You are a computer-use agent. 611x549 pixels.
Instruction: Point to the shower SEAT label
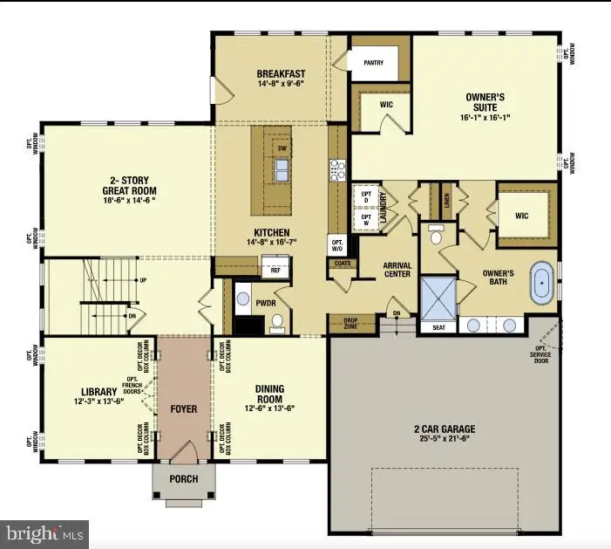(x=438, y=327)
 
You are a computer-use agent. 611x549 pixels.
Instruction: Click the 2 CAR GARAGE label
(x=445, y=429)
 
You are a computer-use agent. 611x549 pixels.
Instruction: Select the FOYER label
(x=183, y=409)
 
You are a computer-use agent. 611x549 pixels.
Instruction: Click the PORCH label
(x=183, y=479)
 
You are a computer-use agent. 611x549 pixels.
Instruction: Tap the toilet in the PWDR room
(x=278, y=322)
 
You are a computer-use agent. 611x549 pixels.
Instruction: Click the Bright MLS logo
(x=46, y=531)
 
